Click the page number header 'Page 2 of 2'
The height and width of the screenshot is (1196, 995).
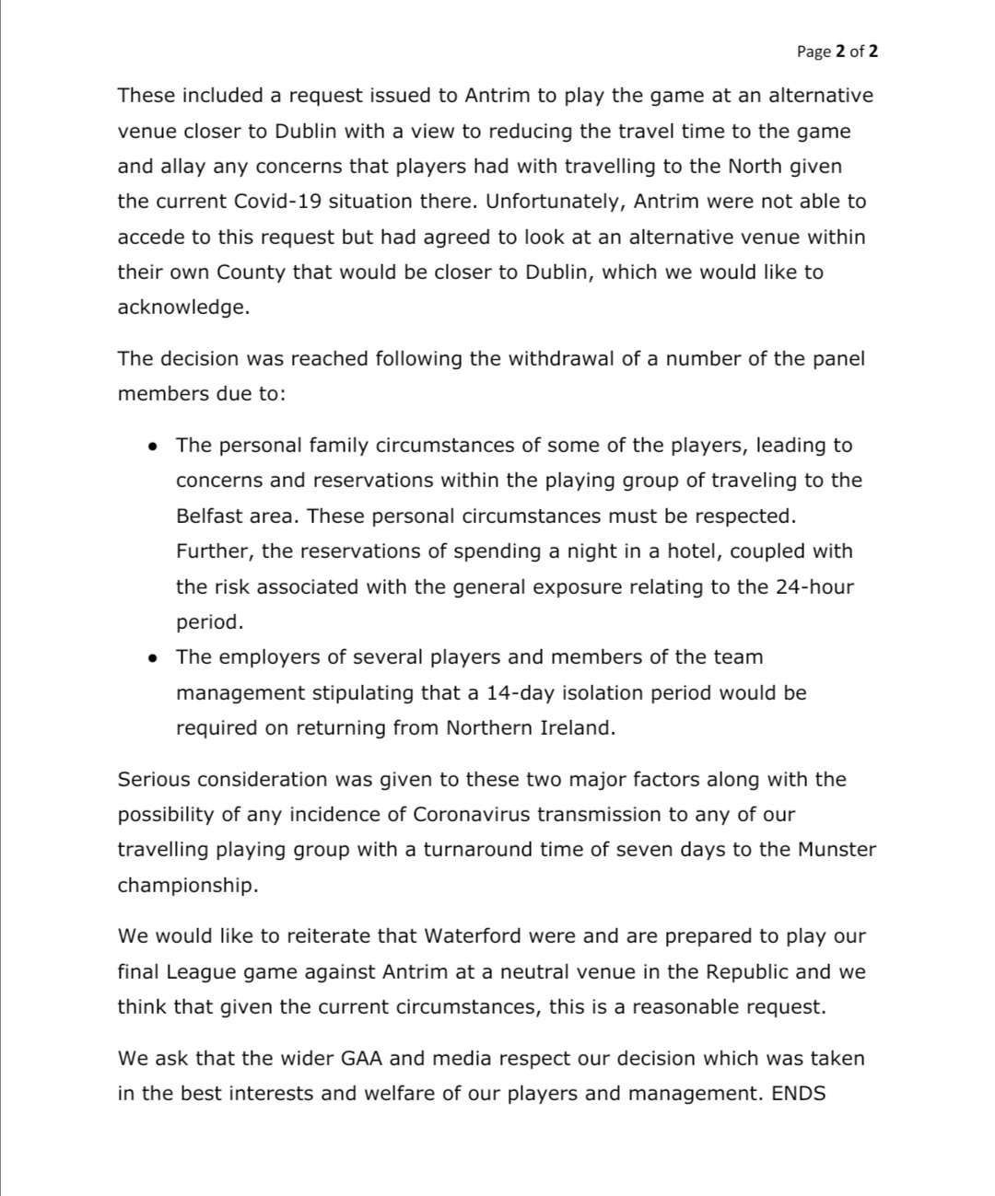pos(837,52)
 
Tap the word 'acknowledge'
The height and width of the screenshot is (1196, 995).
pos(181,308)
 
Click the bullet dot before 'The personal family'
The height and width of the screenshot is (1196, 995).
pos(153,447)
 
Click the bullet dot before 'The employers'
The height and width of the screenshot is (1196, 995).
pos(153,658)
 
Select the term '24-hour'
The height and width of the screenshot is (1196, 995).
pos(814,586)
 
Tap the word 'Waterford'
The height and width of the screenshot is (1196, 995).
pos(470,936)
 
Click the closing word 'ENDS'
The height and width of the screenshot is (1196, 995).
pos(799,1095)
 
